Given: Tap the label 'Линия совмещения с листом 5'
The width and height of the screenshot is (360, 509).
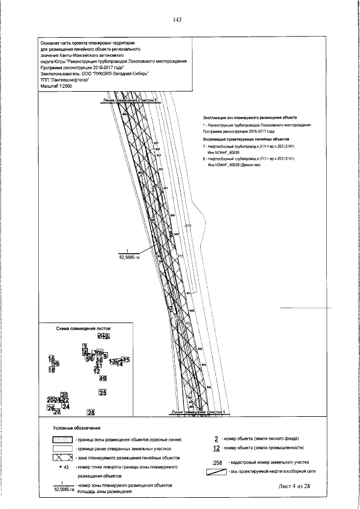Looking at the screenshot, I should [197, 412].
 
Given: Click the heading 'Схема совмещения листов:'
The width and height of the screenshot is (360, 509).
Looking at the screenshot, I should [84, 328].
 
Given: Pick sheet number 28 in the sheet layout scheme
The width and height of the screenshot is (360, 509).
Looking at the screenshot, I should [91, 412].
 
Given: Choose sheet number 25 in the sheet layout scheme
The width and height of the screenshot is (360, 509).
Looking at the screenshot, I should [102, 393].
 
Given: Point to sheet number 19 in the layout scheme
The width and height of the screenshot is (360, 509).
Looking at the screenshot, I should [103, 379].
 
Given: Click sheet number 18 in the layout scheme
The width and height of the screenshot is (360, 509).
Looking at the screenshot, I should [51, 370].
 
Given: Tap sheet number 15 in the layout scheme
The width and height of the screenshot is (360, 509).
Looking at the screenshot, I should [127, 360].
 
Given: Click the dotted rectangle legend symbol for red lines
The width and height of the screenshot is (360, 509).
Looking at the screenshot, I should [62, 440].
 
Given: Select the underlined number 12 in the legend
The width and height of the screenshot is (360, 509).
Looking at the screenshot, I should [216, 448].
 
